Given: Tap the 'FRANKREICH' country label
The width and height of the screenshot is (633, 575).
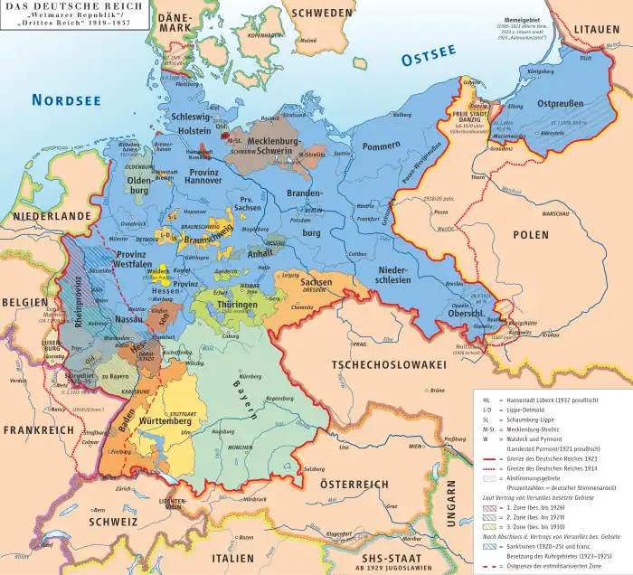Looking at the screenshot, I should tap(38, 430).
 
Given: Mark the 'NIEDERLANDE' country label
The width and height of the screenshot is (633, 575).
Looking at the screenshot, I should tap(52, 217).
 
